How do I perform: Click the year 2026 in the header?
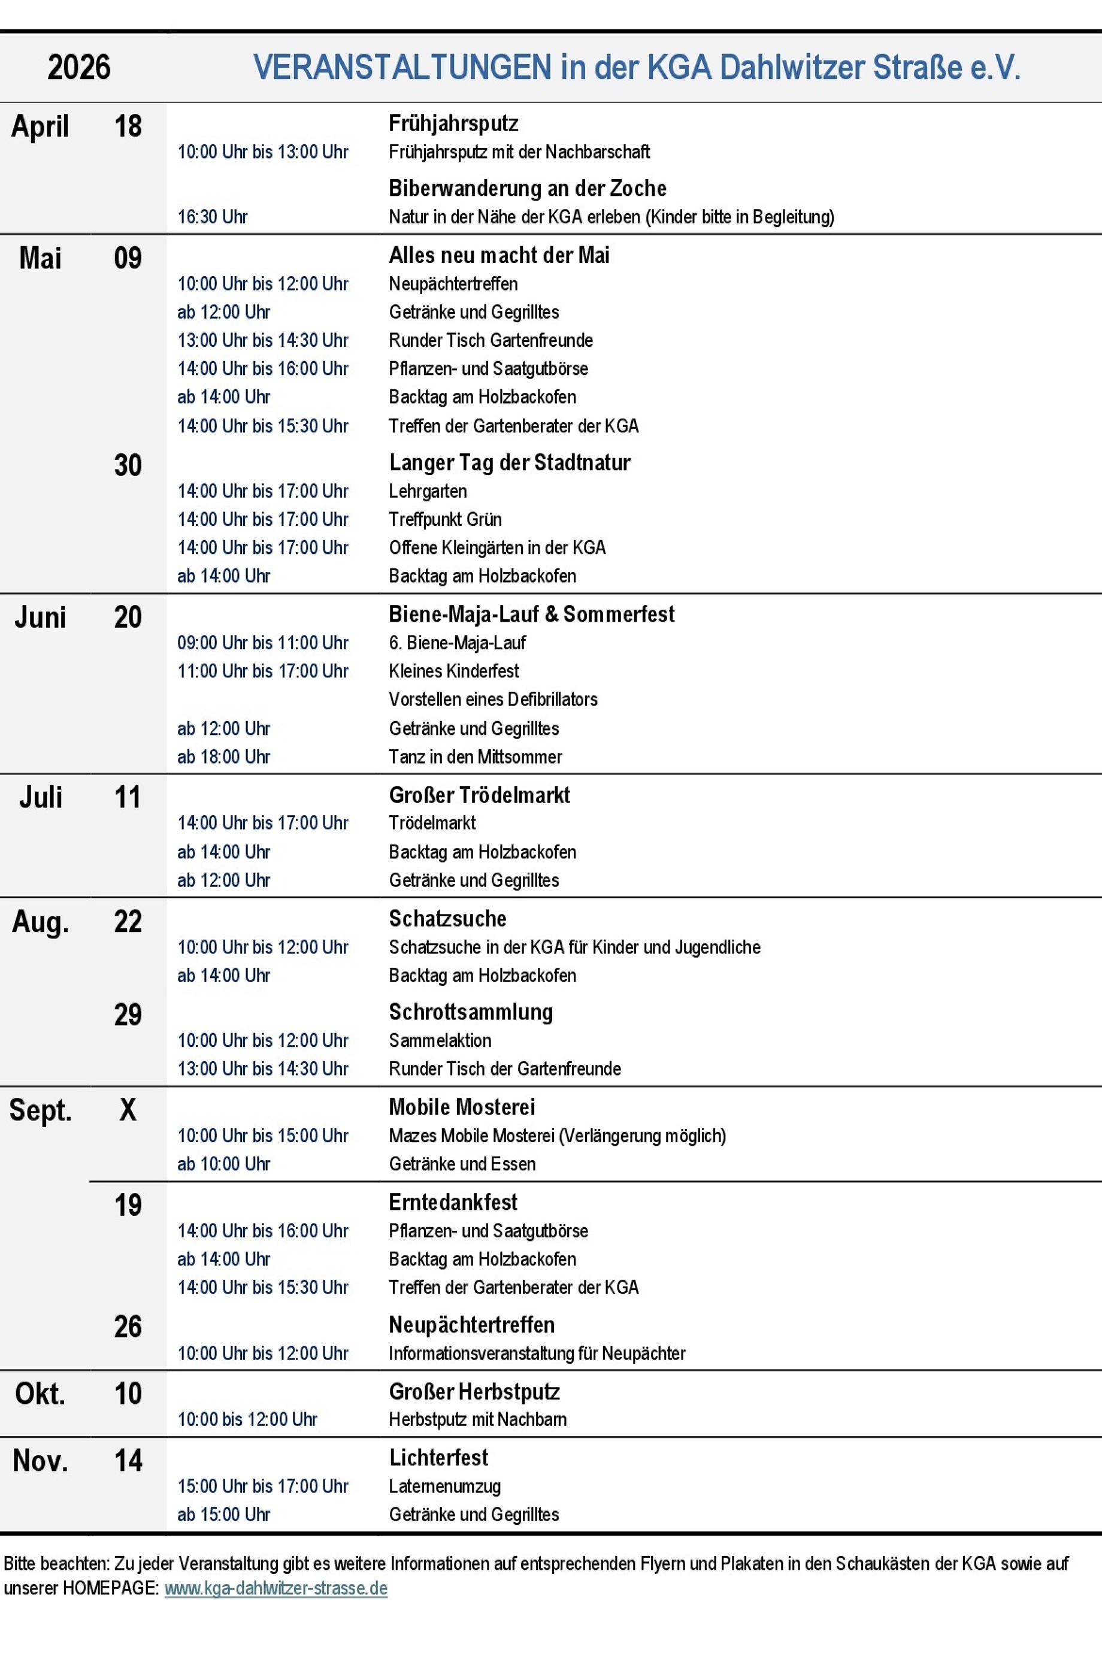tap(78, 68)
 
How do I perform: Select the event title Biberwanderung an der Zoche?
tap(527, 188)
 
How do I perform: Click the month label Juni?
tap(41, 617)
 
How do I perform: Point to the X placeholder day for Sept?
tap(128, 1110)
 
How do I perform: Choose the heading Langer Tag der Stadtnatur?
tap(510, 462)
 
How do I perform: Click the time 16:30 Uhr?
tap(212, 216)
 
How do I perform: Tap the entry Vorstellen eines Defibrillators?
tap(493, 700)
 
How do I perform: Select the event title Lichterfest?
tap(438, 1458)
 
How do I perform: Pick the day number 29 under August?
tap(128, 1014)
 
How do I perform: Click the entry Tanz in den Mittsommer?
tap(475, 756)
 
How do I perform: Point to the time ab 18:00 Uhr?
tap(223, 756)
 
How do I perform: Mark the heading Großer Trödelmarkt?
tap(479, 795)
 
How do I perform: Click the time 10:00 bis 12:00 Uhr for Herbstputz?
tap(247, 1419)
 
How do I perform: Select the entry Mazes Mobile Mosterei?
tap(556, 1135)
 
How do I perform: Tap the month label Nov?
tap(41, 1460)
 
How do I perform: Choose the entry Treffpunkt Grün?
tap(445, 519)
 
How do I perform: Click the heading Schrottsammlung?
tap(471, 1012)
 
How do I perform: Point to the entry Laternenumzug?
tap(444, 1486)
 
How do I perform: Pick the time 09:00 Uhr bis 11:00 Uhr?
tap(262, 643)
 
